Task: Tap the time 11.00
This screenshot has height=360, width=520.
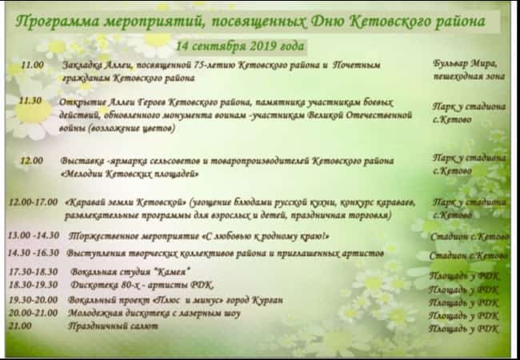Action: pos(32,65)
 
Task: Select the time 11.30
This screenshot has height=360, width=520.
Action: pos(30,102)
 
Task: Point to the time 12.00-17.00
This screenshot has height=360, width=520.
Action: pos(34,203)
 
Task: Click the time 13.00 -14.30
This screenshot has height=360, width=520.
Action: pos(33,237)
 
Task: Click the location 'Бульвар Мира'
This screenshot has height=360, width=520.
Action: pos(465,64)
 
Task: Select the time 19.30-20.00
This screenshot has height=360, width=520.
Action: pos(33,299)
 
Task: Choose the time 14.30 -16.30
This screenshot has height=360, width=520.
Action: pos(33,252)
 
